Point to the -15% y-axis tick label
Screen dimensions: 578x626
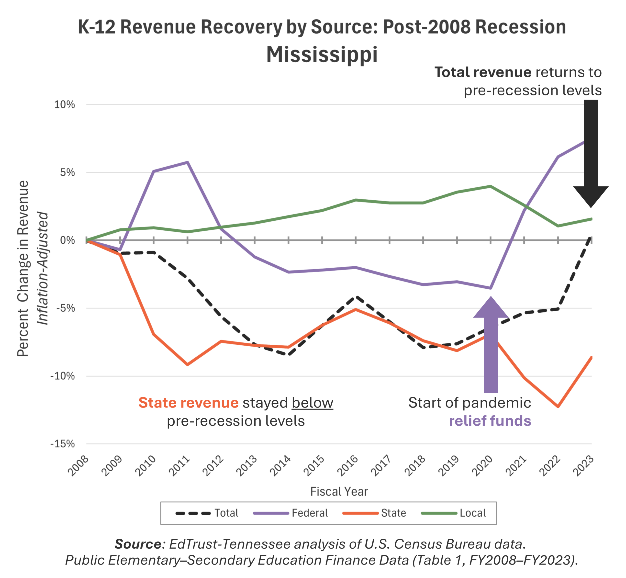(x=63, y=444)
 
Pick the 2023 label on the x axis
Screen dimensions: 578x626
(x=584, y=465)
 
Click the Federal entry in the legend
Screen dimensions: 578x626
(x=291, y=513)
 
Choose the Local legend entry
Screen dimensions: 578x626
(x=454, y=513)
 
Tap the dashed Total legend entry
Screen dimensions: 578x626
(x=207, y=513)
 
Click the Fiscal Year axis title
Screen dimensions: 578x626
(x=339, y=491)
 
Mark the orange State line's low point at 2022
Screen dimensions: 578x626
(x=558, y=407)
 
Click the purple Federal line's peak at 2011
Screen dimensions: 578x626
(x=187, y=162)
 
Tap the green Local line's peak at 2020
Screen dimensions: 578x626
(x=491, y=186)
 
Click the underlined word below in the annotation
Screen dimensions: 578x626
(x=312, y=403)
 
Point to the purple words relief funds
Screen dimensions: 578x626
(x=490, y=421)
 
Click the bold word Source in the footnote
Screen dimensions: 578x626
(x=138, y=544)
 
